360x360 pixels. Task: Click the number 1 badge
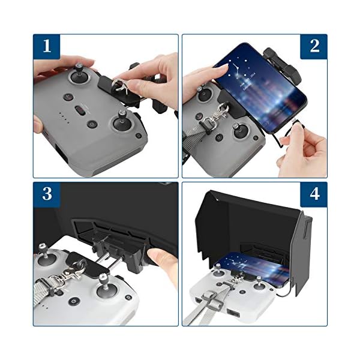[47, 46]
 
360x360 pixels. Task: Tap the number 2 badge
[314, 46]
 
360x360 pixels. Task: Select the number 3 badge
[47, 194]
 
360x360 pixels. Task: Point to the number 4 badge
[314, 194]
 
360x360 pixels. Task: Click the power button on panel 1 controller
[92, 125]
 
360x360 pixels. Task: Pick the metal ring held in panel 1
[118, 85]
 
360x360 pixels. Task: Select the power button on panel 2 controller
[219, 138]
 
